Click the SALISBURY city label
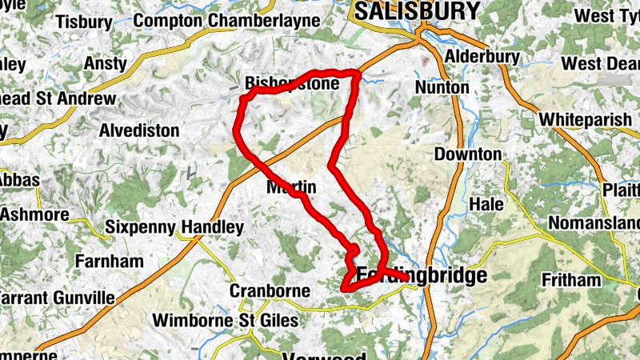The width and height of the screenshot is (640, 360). (417, 11)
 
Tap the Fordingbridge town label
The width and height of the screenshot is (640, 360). (422, 276)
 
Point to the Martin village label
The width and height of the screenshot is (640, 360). (290, 187)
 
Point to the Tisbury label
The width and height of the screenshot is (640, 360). (84, 22)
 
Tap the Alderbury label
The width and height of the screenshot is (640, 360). (482, 57)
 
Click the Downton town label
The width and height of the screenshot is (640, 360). (468, 154)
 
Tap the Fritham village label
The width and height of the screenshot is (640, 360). (570, 280)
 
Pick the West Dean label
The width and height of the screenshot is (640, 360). (600, 63)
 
